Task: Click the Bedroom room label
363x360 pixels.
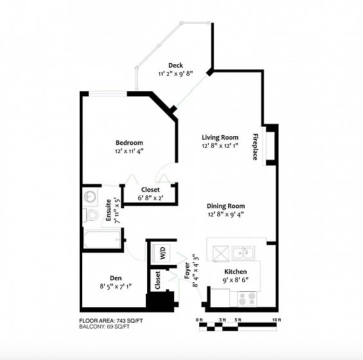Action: click(129, 143)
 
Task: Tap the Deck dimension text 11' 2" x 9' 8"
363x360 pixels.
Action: click(175, 74)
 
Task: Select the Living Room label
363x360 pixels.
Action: click(220, 138)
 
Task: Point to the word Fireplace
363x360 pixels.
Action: click(255, 147)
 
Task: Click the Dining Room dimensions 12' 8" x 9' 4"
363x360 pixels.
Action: click(226, 215)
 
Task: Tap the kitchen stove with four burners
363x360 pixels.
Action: click(247, 299)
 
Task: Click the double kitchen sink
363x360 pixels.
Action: click(243, 253)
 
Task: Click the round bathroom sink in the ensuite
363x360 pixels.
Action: click(90, 197)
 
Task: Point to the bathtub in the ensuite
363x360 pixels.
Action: click(102, 239)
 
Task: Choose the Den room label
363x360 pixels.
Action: click(116, 278)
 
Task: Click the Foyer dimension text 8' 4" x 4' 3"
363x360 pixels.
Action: click(195, 271)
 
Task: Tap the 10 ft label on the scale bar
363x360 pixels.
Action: click(277, 320)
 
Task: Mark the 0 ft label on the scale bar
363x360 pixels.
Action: click(199, 320)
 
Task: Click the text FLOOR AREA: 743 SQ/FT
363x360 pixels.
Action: click(111, 321)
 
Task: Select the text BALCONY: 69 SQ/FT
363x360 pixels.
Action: click(105, 327)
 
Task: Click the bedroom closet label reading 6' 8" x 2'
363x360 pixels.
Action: click(150, 199)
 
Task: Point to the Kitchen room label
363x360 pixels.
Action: click(235, 271)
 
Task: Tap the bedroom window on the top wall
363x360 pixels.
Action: click(108, 94)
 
